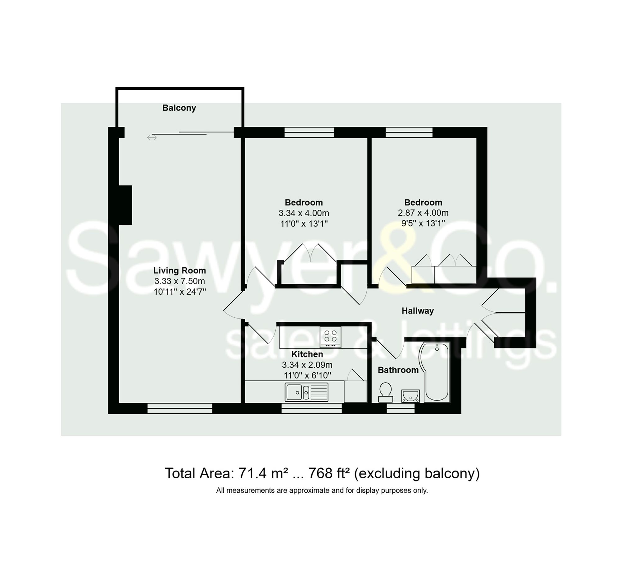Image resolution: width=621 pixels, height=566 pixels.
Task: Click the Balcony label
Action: (179, 108)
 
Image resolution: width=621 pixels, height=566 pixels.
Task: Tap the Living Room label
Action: (179, 270)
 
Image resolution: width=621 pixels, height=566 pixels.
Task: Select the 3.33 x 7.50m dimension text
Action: (179, 281)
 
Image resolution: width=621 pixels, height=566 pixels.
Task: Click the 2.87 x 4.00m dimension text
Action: (423, 213)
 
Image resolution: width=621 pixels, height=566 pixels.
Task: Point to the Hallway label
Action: (418, 311)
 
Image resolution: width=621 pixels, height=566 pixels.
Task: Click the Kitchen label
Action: (307, 354)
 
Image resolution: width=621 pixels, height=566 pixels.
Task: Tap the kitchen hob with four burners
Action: (330, 337)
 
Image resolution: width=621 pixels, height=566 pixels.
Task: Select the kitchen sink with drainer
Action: (306, 392)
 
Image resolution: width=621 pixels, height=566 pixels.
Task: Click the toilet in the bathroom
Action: (385, 392)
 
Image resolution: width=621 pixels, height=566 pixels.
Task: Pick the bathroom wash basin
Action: (410, 396)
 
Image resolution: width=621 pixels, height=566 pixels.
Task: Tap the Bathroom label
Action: (398, 370)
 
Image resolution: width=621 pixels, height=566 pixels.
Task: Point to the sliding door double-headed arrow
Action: (152, 137)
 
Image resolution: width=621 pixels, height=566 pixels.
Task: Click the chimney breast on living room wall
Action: (125, 205)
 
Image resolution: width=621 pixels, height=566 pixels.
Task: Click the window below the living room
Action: (179, 408)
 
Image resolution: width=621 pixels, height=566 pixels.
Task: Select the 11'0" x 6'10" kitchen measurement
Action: (307, 375)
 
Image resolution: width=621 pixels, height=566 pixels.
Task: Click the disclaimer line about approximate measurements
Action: (322, 490)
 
